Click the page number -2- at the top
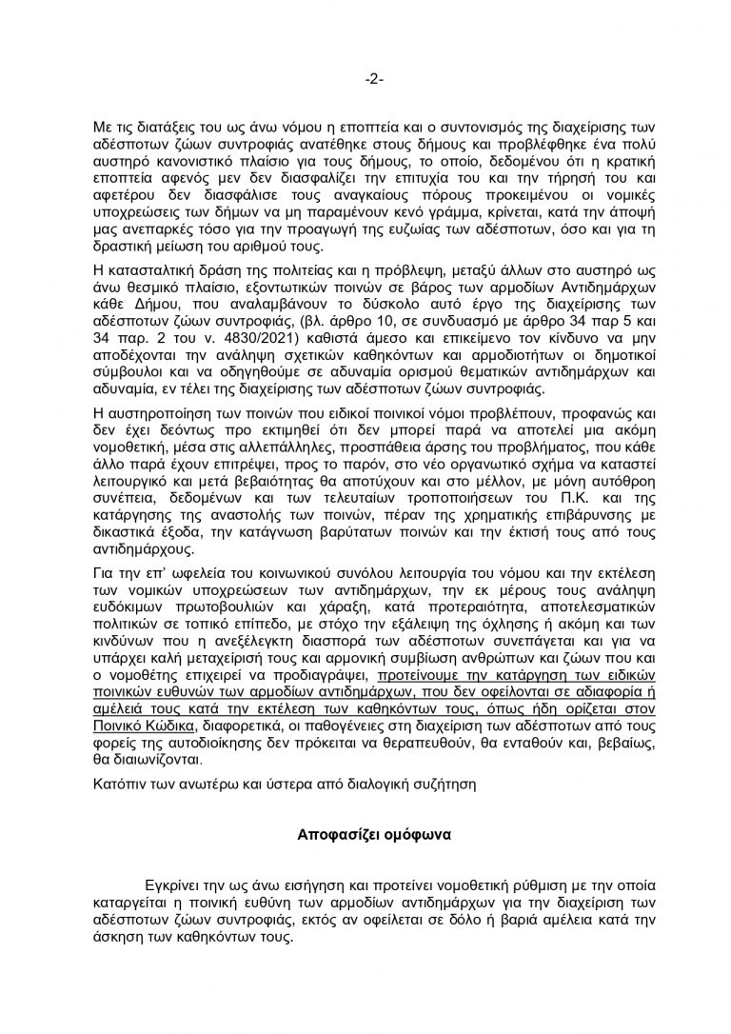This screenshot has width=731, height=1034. pyautogui.click(x=365, y=78)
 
